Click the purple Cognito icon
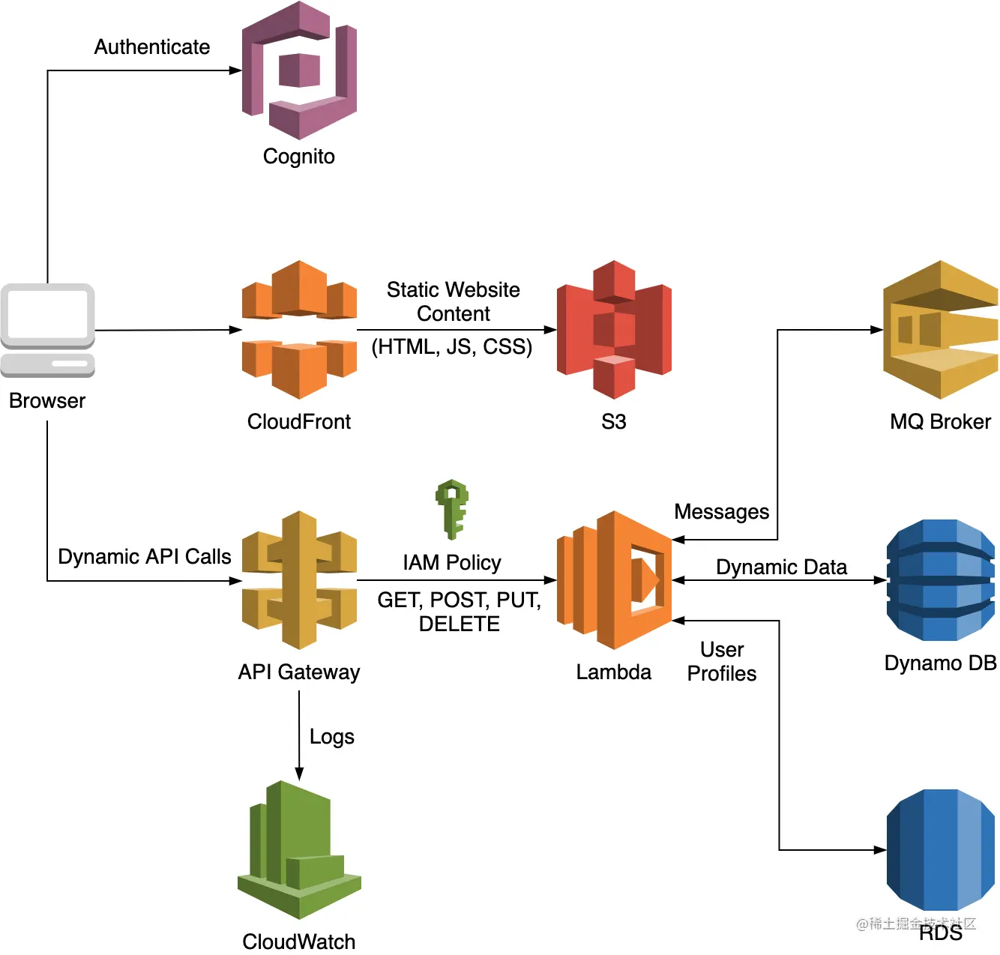click(x=299, y=70)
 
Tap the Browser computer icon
click(x=47, y=330)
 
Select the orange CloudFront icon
click(x=299, y=330)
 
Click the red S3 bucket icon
click(x=614, y=330)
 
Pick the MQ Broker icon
click(x=940, y=330)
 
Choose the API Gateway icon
click(x=299, y=580)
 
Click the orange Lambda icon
click(x=614, y=580)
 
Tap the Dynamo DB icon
click(x=940, y=580)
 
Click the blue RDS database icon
click(x=940, y=850)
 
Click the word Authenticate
click(x=152, y=47)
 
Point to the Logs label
click(x=332, y=737)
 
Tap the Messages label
click(x=722, y=512)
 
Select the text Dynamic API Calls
click(x=145, y=557)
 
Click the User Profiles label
click(x=722, y=661)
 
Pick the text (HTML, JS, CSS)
click(x=452, y=347)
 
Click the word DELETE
click(x=459, y=624)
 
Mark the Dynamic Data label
click(x=781, y=567)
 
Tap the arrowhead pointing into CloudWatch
click(x=299, y=774)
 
